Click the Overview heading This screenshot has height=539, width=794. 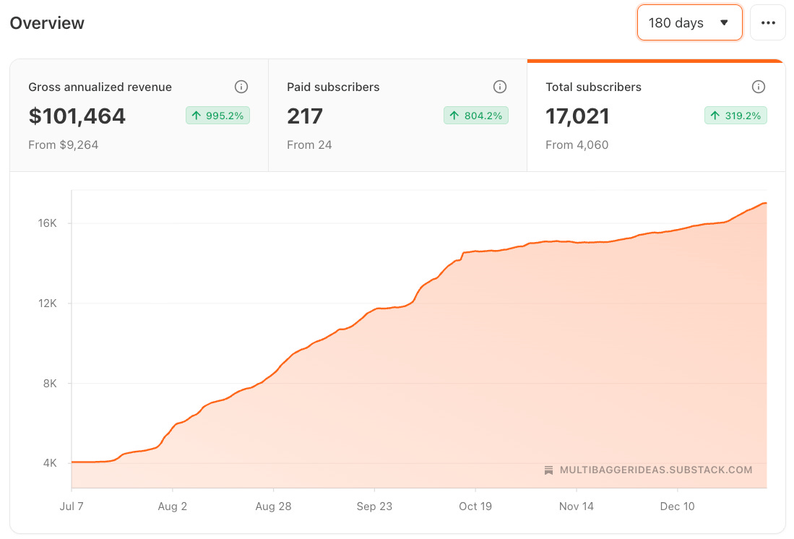[47, 23]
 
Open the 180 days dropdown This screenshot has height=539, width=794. [689, 23]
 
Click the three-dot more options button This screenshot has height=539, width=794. [768, 23]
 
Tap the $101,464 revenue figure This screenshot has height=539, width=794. [77, 116]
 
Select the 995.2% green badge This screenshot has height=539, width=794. [217, 116]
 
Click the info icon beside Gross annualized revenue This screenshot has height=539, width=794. [241, 87]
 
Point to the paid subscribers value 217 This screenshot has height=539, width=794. [305, 116]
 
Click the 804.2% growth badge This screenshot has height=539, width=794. [476, 116]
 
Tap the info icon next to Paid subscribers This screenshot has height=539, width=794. [500, 87]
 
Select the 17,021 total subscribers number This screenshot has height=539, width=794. [578, 116]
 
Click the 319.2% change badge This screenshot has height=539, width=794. [735, 116]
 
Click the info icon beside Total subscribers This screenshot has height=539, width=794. [759, 87]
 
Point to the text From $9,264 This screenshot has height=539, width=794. [64, 145]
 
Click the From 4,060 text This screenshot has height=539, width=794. [577, 145]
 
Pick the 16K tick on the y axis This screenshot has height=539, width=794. [48, 223]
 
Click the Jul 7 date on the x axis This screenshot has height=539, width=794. [72, 506]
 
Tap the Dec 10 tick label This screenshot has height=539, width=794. [678, 506]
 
